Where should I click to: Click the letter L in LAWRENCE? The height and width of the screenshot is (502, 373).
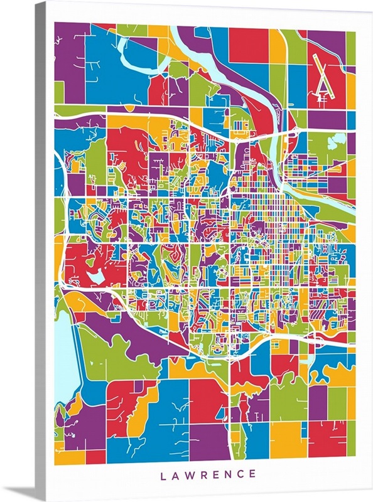[163, 474]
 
